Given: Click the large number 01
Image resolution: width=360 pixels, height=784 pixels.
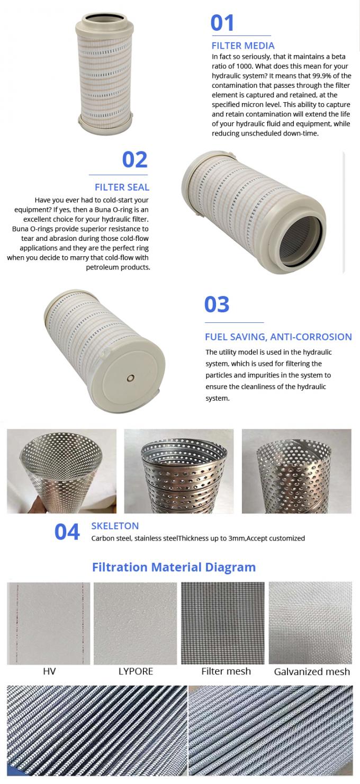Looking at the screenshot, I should coord(222,23).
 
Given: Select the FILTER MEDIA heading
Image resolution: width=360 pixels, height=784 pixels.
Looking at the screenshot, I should coord(243,46).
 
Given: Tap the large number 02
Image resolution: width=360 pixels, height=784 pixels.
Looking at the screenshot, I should coord(134,159).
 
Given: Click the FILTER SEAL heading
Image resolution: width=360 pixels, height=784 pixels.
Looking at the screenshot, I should coord(122,187).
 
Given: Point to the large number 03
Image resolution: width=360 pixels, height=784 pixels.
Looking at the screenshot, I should coord(217,304).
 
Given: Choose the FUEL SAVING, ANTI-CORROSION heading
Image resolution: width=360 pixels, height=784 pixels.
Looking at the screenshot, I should coord(278,337).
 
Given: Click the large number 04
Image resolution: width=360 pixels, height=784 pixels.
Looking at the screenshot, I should coord(67,532).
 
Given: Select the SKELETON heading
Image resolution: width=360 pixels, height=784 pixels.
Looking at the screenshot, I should coord(115,526).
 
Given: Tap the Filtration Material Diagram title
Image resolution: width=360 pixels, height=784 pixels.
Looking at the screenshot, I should coord(174,567).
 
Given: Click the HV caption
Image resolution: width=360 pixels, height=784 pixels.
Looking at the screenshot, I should coord(49,671).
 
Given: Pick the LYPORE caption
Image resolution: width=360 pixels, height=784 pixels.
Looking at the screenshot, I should coord(136,671).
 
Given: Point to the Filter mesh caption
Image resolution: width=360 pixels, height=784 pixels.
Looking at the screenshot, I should coord(226,671).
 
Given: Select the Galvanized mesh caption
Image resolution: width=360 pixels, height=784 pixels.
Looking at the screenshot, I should coord(312,672).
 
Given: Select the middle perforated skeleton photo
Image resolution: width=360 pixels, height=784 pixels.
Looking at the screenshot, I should coord(179,471).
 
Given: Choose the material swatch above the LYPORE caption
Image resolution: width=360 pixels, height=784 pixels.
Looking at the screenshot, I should coord(136,623).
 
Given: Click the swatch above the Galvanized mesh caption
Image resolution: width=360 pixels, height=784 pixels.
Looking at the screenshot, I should coord(310,623).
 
